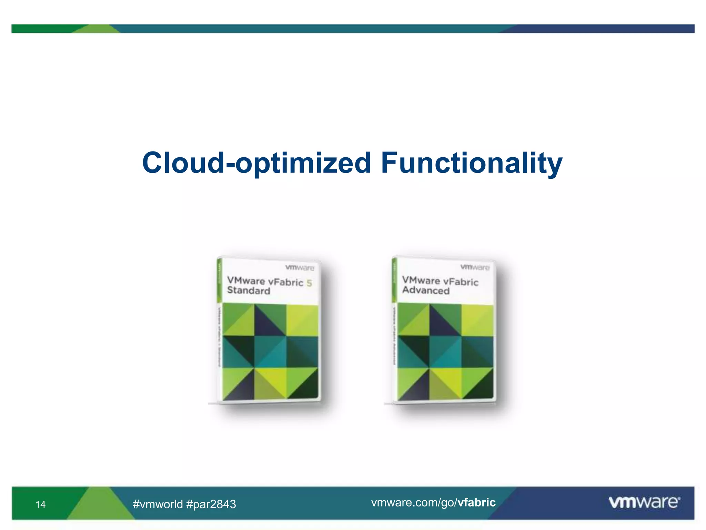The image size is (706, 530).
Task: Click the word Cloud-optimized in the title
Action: click(256, 163)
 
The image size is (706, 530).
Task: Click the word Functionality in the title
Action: click(472, 163)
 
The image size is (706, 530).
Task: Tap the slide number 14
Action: click(40, 504)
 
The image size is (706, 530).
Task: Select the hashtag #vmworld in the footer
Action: click(158, 504)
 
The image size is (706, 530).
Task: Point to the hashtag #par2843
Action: click(211, 504)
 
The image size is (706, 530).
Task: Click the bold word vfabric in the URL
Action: click(476, 502)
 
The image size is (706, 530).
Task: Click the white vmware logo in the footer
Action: click(644, 502)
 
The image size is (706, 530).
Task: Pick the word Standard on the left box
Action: click(249, 291)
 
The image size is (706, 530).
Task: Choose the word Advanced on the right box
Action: click(426, 290)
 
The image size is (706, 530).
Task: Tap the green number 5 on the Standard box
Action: click(309, 283)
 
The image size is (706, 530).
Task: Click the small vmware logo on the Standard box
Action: click(300, 268)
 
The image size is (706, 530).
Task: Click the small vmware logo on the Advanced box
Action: click(475, 267)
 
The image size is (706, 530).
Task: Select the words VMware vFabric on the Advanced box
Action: click(440, 281)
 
